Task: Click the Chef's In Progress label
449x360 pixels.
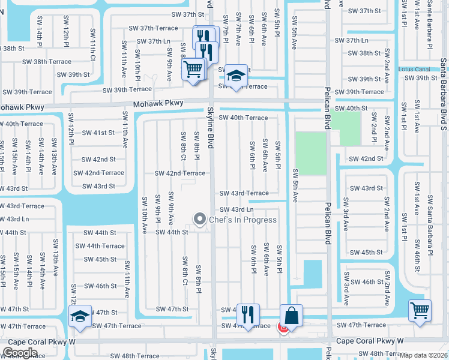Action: point(243,220)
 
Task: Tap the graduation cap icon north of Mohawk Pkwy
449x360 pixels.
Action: point(236,76)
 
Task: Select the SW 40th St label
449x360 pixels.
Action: point(351,109)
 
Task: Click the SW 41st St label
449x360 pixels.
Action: point(98,133)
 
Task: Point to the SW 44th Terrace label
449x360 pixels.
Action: point(100,246)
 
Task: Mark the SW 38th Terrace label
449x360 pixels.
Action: point(47,62)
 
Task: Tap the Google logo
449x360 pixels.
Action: point(20,353)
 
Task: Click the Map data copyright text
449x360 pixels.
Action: point(424,355)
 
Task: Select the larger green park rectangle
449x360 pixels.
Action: point(310,154)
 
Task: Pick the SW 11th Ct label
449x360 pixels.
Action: point(93,44)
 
